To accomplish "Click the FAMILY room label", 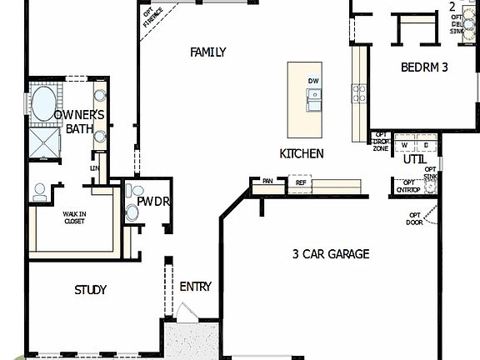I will (208, 52).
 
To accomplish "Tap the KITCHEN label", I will (302, 154).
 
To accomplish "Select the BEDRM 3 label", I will (424, 67).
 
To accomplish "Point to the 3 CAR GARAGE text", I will (331, 254).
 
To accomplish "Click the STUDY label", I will (91, 290).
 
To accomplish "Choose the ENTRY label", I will (196, 287).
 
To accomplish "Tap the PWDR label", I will (153, 202).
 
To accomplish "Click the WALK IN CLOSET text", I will (75, 218).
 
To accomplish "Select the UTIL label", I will (414, 159).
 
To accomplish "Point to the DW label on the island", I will (313, 81).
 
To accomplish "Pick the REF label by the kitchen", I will (301, 182).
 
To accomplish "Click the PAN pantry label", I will (267, 181).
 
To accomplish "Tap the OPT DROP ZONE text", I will (381, 142).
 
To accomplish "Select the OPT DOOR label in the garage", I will (415, 219).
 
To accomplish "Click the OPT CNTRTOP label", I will (408, 187).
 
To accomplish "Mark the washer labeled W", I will (403, 145).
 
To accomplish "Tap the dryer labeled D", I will (426, 145).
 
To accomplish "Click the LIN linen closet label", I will (95, 168).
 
